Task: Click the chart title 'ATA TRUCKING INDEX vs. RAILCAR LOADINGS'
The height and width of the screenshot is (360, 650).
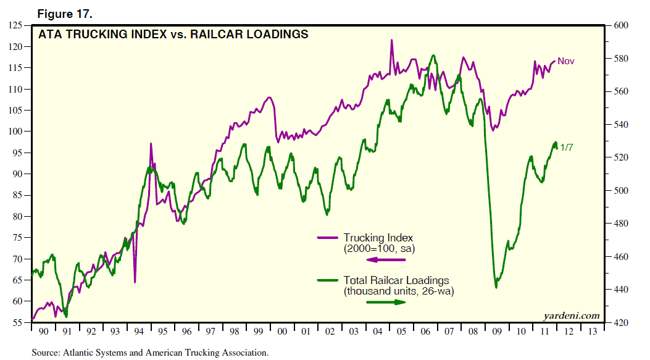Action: (x=174, y=35)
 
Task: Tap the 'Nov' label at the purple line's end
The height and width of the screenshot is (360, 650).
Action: (x=566, y=61)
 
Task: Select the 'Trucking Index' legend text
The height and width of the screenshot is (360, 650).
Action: (x=378, y=238)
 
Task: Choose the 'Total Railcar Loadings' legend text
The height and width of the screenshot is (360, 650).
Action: (x=396, y=280)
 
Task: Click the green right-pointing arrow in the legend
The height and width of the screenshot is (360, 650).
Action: (x=386, y=302)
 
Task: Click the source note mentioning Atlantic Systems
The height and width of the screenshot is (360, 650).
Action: (x=151, y=353)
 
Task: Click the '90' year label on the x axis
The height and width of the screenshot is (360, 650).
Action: (x=43, y=332)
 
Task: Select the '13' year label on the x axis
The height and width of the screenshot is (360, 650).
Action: (x=592, y=332)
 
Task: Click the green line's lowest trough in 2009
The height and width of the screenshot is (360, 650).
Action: (x=496, y=287)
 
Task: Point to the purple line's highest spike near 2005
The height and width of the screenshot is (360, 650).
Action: (x=391, y=40)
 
